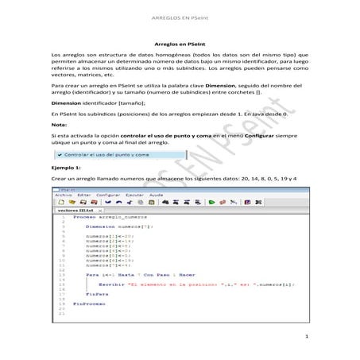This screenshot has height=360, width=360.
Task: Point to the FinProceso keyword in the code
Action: click(x=88, y=304)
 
